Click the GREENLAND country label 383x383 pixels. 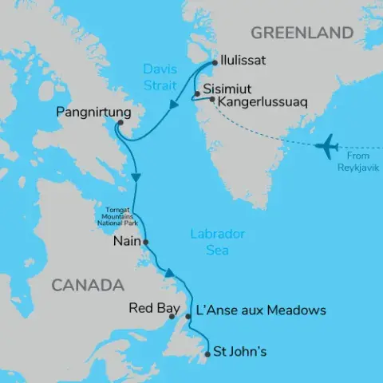302,33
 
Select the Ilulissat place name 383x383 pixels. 251,60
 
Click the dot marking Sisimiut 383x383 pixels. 196,94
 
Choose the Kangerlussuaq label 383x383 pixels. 258,102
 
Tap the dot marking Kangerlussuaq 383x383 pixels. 211,100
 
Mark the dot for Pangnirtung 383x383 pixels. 119,123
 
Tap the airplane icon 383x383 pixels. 327,146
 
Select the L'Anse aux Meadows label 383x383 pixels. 261,310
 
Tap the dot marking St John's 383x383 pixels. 209,349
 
